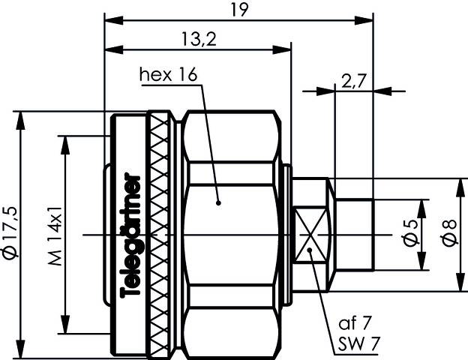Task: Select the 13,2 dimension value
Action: [198, 39]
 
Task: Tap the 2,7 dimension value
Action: [351, 81]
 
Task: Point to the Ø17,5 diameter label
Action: [9, 235]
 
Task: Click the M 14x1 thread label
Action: [55, 235]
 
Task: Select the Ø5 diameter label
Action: [410, 235]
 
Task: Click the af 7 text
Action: [354, 325]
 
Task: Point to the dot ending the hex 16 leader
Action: [218, 201]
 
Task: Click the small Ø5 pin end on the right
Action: [354, 234]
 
